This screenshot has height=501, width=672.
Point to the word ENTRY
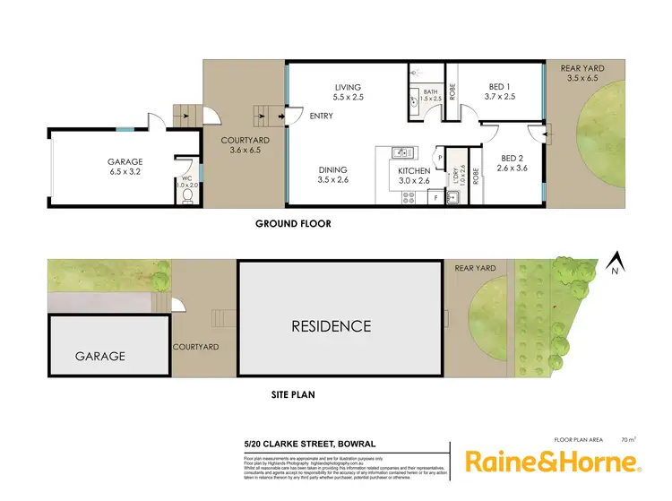coord(321,117)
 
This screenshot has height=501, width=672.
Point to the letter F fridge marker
coord(435,196)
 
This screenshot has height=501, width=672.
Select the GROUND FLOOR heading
coord(293,224)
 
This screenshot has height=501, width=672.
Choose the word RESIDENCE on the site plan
coord(332,326)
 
